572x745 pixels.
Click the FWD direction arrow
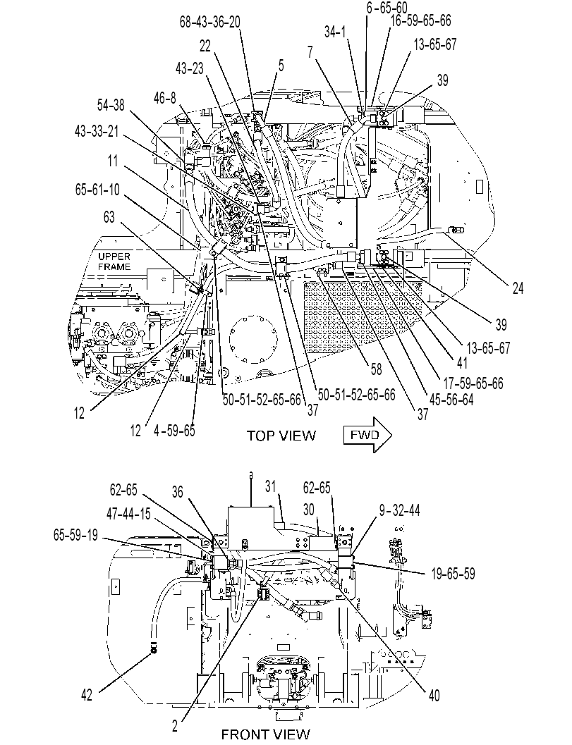click(367, 435)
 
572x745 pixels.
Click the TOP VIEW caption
click(281, 435)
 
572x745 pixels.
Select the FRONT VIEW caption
click(266, 734)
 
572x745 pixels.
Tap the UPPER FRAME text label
click(114, 261)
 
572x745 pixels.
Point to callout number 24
click(518, 288)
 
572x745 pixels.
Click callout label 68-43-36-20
click(209, 22)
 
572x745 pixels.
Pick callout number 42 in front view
click(87, 696)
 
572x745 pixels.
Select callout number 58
click(376, 369)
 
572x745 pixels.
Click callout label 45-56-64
click(451, 400)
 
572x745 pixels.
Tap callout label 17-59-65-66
click(473, 383)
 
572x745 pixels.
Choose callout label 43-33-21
click(97, 131)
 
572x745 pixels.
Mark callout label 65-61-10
click(97, 190)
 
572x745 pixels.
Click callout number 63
click(109, 217)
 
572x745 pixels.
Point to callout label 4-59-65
click(174, 430)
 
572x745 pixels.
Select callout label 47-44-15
click(129, 514)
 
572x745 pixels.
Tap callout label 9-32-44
click(399, 510)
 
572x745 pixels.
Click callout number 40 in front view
click(434, 696)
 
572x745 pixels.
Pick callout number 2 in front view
click(175, 725)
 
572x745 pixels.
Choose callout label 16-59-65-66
click(420, 20)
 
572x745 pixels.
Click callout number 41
click(462, 363)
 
